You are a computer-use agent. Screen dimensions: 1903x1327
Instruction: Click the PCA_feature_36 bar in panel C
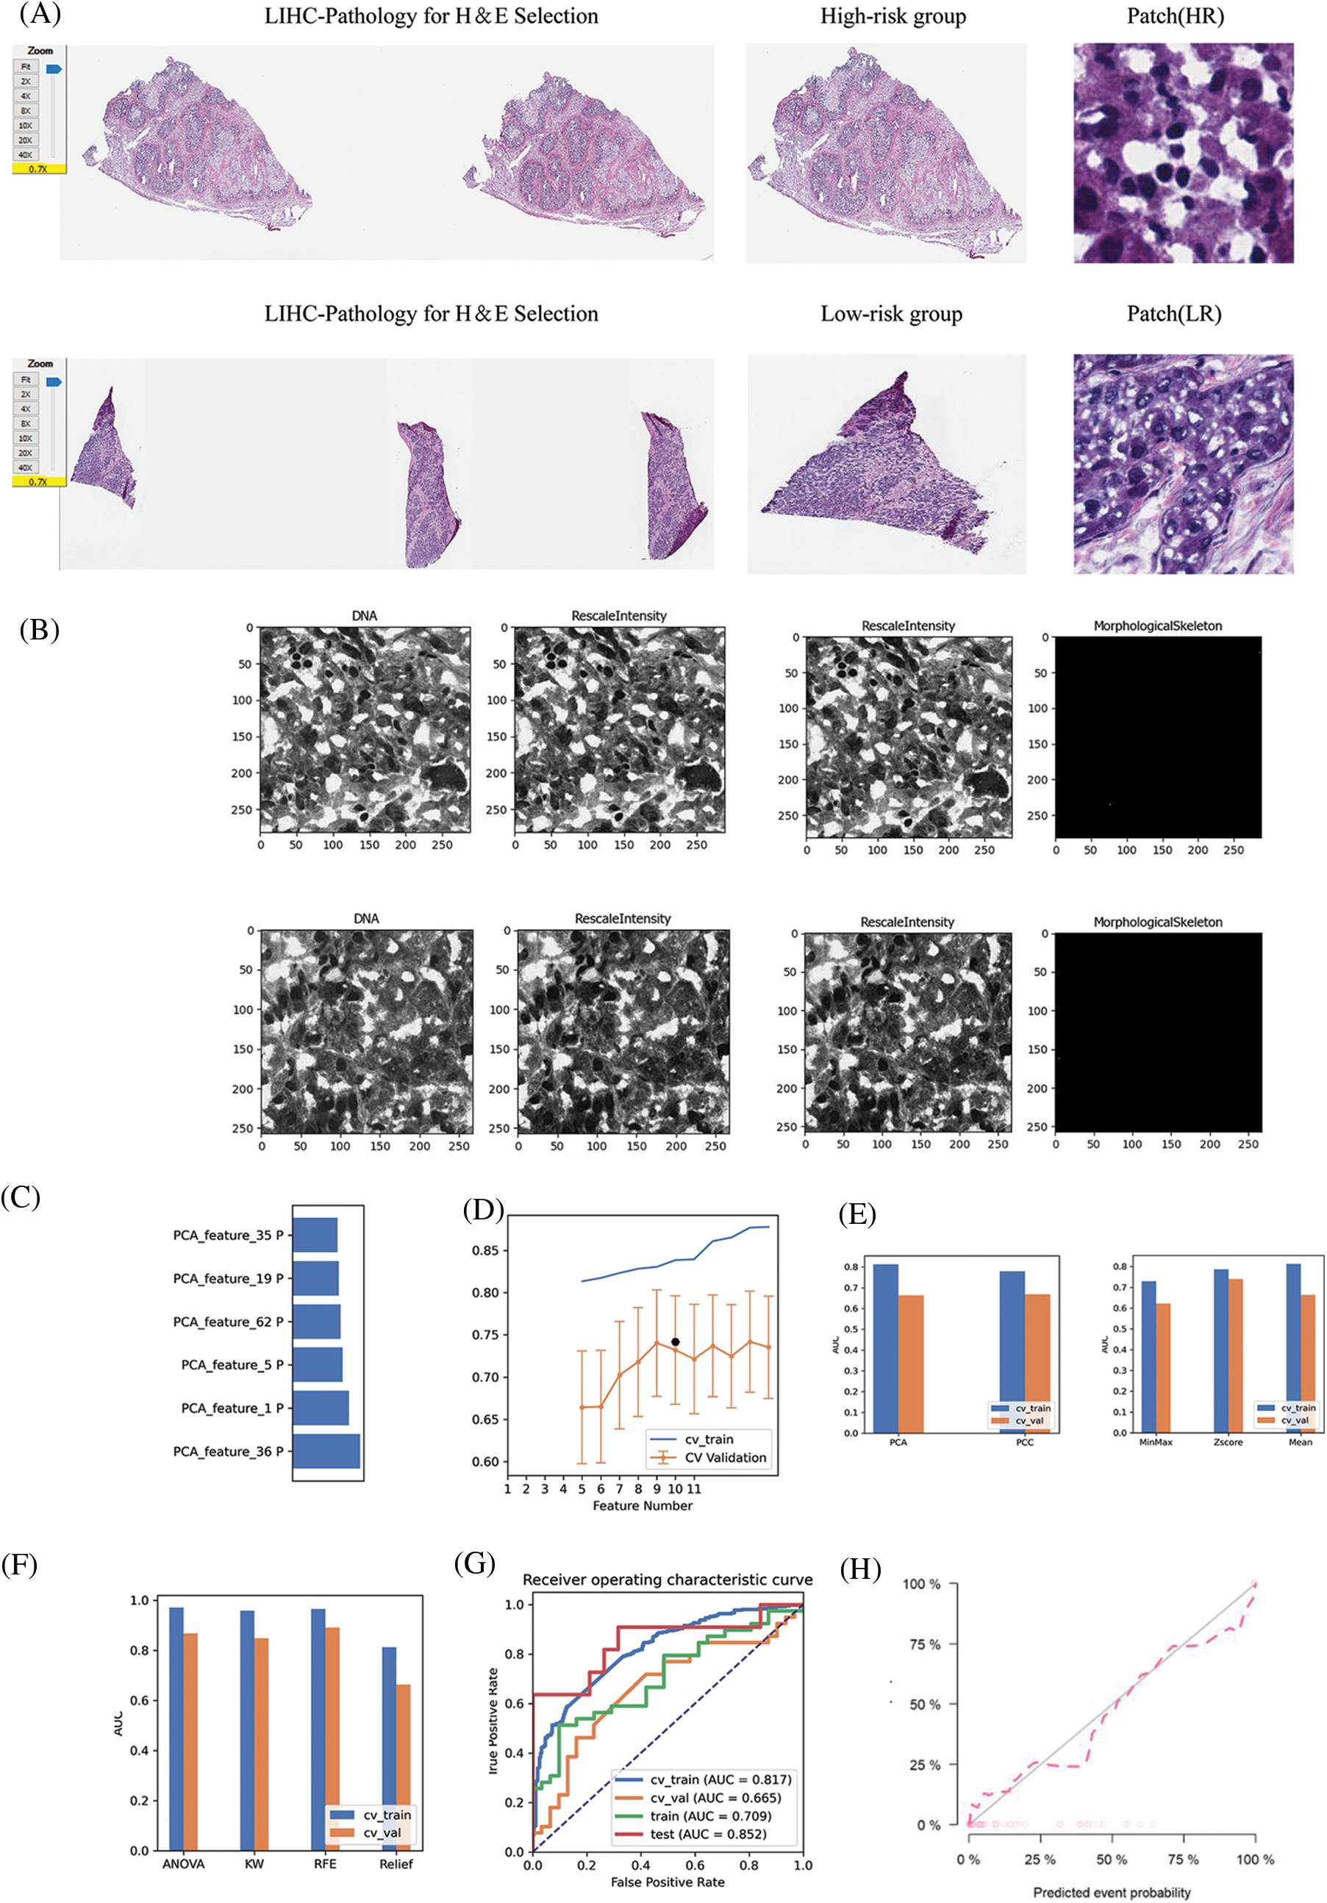(326, 1451)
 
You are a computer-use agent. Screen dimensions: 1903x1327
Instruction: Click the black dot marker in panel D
(676, 1342)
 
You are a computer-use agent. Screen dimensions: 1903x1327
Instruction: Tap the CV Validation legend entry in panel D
(725, 1458)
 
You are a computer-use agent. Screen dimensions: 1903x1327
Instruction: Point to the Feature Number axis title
(643, 1506)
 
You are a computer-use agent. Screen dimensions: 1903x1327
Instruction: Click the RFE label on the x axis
(325, 1864)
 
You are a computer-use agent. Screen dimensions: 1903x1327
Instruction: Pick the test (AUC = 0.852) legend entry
(708, 1834)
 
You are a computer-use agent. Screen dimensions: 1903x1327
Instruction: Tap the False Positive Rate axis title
(668, 1882)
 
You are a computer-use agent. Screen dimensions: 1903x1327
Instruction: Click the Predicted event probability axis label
(1112, 1892)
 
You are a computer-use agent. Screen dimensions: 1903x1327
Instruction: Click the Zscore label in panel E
(1228, 1442)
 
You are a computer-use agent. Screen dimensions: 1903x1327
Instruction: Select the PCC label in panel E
(1024, 1442)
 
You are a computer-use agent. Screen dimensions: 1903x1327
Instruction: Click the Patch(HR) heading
(1176, 17)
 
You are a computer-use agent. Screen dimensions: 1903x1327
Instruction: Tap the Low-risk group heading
(892, 314)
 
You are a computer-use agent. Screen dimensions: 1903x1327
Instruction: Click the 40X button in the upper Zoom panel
(26, 155)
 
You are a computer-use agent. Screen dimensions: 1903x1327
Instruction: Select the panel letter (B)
(39, 630)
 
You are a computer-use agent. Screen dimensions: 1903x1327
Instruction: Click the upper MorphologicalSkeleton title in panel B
(1157, 626)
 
